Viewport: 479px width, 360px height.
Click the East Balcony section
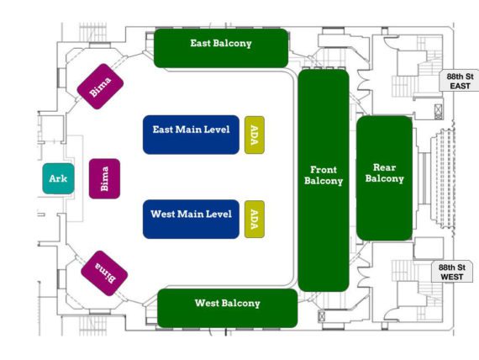(x=221, y=48)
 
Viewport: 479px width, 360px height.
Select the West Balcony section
(x=228, y=308)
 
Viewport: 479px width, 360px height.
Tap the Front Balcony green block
(x=324, y=181)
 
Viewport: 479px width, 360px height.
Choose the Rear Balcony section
(x=384, y=178)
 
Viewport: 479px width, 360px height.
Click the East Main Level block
(x=191, y=135)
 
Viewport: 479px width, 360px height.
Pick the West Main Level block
(x=191, y=219)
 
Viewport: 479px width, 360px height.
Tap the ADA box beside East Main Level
(x=255, y=135)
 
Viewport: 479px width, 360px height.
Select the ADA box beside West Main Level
(x=255, y=219)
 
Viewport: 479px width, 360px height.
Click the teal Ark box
(x=58, y=178)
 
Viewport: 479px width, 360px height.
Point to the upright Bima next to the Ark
(x=104, y=178)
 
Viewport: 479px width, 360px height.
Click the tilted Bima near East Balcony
(x=100, y=87)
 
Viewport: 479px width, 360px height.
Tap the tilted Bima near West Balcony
(x=104, y=273)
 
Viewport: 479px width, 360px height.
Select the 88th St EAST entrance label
(x=459, y=81)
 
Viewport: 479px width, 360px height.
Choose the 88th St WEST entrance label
(x=452, y=272)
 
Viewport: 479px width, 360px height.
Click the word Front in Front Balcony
(x=324, y=169)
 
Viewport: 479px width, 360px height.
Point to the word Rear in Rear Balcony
(x=384, y=167)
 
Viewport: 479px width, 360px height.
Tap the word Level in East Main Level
(x=217, y=130)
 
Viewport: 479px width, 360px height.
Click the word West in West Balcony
(x=207, y=303)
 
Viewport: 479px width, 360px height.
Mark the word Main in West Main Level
(x=191, y=214)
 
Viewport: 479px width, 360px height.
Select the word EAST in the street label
(x=460, y=86)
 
